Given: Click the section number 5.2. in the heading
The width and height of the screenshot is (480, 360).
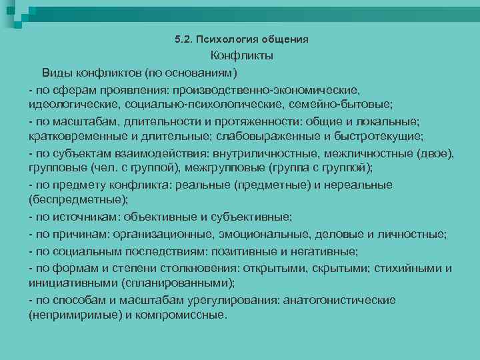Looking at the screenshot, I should (x=182, y=40).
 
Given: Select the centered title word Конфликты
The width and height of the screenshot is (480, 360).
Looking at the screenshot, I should (x=242, y=57).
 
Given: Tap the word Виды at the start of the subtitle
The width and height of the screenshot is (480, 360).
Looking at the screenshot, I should (x=57, y=72).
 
